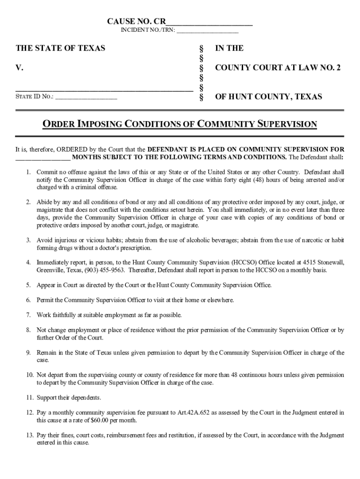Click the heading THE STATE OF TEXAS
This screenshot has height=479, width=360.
pos(61,48)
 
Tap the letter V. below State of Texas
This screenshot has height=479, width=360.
pos(20,68)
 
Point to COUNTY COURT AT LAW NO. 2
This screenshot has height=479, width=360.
pos(278,68)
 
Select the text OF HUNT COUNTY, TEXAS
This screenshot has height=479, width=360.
pos(268,97)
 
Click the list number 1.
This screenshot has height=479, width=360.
pos(29,172)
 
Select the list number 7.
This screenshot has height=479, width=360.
pos(29,315)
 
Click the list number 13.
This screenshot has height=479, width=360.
pos(29,435)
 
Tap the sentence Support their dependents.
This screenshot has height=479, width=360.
pos(69,398)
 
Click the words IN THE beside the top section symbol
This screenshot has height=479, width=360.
pos(229,48)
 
